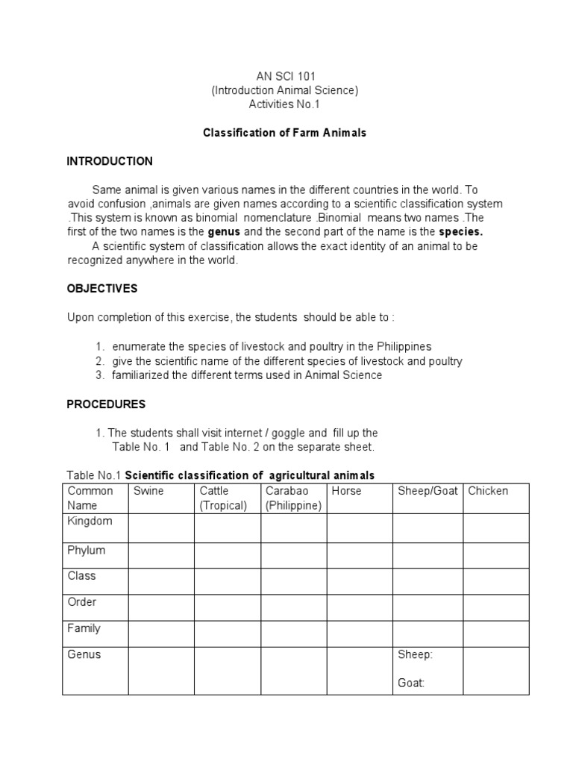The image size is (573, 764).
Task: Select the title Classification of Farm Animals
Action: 285,134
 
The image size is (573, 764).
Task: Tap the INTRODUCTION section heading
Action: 110,161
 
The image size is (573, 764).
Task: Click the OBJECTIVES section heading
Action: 102,289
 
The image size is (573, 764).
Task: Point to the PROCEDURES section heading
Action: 106,404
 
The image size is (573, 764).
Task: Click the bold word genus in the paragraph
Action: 224,232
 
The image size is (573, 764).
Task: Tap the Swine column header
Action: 148,491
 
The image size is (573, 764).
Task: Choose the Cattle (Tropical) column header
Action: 223,498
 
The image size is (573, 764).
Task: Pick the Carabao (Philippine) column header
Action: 293,498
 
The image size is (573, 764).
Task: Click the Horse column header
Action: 346,491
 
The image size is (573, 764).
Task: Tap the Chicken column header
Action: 488,491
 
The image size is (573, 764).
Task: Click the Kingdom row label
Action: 90,521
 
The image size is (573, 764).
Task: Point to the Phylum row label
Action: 87,551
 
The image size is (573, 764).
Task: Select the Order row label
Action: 82,602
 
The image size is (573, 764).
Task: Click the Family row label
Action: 84,628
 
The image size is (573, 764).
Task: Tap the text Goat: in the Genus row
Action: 411,682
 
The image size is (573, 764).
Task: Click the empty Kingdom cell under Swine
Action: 161,528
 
